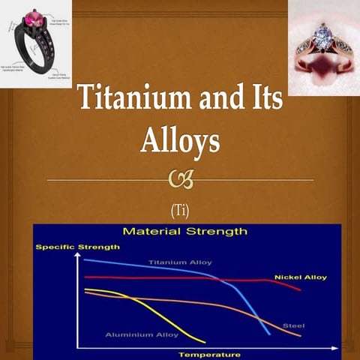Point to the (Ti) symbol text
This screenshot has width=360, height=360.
[180, 208]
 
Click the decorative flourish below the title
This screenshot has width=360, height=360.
[180, 180]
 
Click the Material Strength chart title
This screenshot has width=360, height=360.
[184, 232]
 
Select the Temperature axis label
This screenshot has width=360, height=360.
[208, 353]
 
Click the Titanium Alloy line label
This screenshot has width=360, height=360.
[180, 262]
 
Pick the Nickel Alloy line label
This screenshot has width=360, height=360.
[300, 277]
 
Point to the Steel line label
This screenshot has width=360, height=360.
[292, 325]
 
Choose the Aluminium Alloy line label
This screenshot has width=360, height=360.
[142, 334]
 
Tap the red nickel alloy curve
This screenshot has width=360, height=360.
[187, 278]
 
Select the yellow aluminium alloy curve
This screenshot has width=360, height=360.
[150, 307]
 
